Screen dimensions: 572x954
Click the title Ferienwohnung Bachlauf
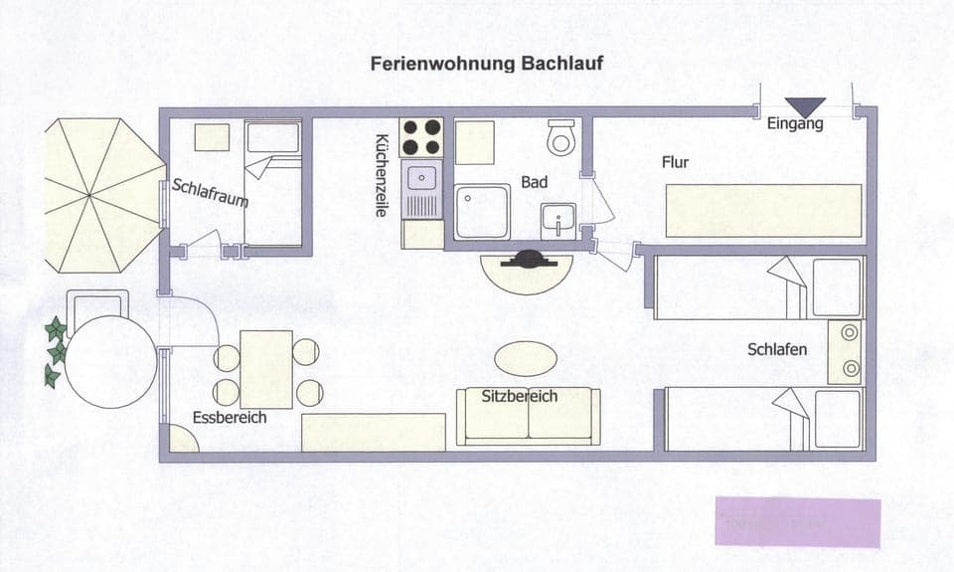486,64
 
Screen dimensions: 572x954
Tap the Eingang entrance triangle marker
804,106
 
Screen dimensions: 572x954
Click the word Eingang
795,124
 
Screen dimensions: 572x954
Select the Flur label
675,161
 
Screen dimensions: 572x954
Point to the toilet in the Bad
561,137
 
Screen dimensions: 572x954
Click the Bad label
535,182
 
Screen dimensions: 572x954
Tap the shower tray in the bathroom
482,212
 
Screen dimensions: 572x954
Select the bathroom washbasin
558,219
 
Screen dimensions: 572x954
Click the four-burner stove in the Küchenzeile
421,137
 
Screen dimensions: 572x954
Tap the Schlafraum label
210,192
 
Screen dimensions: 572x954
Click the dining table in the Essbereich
266,369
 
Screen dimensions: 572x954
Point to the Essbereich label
230,418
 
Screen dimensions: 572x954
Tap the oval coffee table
526,358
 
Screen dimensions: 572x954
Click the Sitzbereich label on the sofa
520,396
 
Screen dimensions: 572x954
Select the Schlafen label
777,349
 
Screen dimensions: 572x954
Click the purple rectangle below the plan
797,522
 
